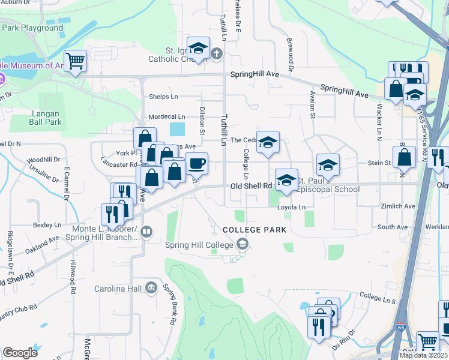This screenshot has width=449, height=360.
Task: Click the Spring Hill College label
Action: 201,244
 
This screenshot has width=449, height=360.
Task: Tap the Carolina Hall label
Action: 118,289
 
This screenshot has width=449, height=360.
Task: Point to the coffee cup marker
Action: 196,163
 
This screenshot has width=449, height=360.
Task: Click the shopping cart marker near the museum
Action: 75,61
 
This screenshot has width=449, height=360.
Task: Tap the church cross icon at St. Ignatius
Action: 217,53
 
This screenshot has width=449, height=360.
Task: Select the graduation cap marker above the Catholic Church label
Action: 198,48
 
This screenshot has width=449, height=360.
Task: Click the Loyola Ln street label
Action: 291,207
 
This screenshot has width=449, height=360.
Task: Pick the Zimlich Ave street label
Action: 397,206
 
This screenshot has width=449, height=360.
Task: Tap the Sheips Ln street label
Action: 163,97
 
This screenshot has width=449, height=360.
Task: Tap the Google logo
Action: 20,353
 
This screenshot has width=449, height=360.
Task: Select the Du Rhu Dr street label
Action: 345,335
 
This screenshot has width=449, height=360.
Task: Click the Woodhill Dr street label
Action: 43,160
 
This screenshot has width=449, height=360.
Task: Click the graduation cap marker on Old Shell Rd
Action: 286,180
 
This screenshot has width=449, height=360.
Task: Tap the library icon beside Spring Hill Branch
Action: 148,231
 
